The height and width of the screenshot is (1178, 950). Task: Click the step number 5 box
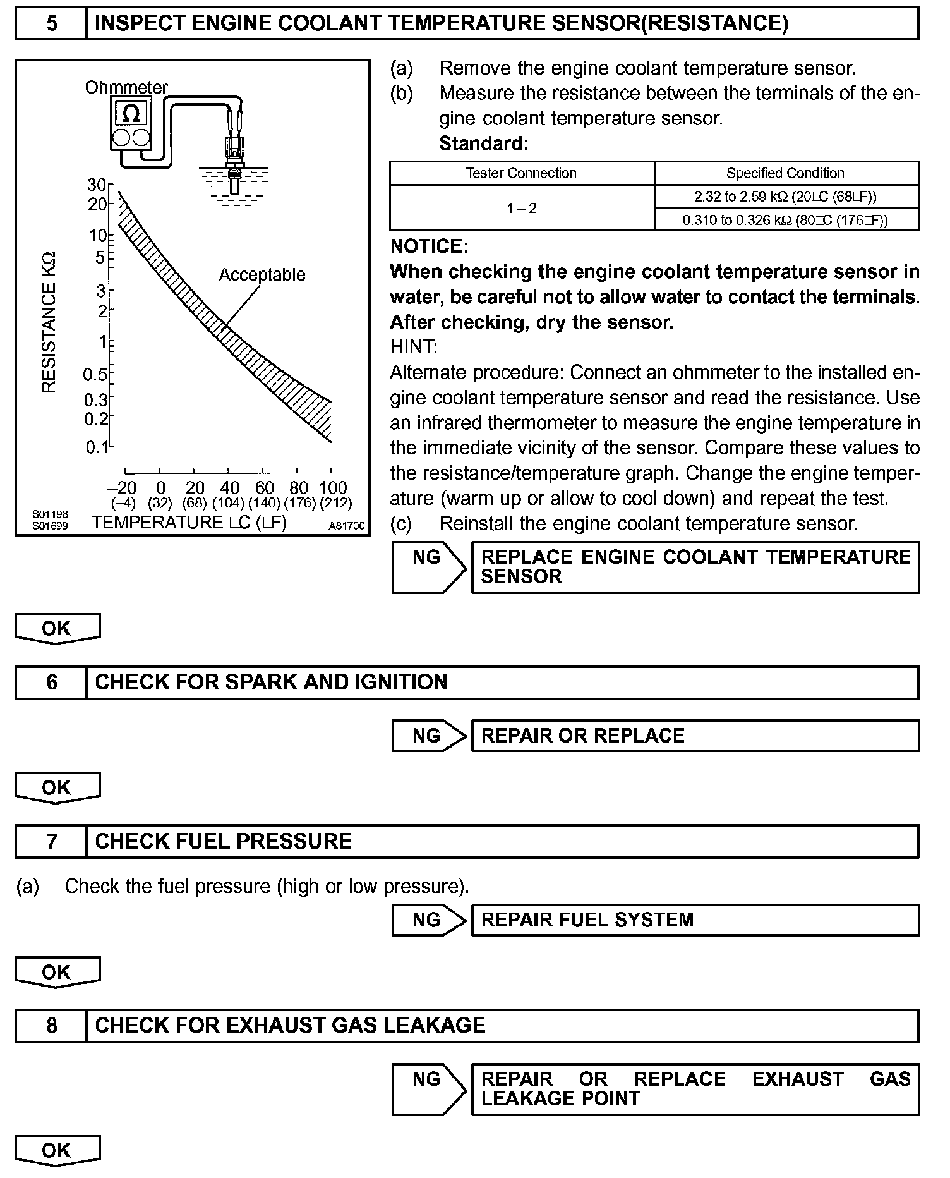point(51,24)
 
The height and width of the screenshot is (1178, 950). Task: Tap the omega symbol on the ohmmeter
point(131,114)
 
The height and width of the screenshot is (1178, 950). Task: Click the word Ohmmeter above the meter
point(126,87)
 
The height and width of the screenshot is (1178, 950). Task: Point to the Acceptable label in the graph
point(262,275)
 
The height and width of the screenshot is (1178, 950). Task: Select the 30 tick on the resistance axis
point(97,185)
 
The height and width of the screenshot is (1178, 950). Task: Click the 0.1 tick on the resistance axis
point(97,448)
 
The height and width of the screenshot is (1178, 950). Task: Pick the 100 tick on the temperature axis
point(333,488)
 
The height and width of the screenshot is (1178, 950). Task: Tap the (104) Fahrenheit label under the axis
point(229,504)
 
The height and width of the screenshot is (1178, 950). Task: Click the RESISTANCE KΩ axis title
point(49,322)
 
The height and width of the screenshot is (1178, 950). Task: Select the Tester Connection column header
point(521,173)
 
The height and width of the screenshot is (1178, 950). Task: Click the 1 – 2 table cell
point(521,209)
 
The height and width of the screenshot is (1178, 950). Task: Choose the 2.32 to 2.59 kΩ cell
point(785,197)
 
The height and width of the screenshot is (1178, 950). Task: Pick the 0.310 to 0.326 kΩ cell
point(785,220)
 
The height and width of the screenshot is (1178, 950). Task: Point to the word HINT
point(414,347)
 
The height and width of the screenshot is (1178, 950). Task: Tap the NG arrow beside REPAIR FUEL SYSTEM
point(428,920)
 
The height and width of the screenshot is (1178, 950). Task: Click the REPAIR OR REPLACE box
point(695,736)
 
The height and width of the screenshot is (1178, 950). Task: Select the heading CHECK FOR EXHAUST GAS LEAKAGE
point(291,1025)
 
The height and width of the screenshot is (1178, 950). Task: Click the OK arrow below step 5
point(57,629)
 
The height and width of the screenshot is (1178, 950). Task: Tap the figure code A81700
point(346,526)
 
